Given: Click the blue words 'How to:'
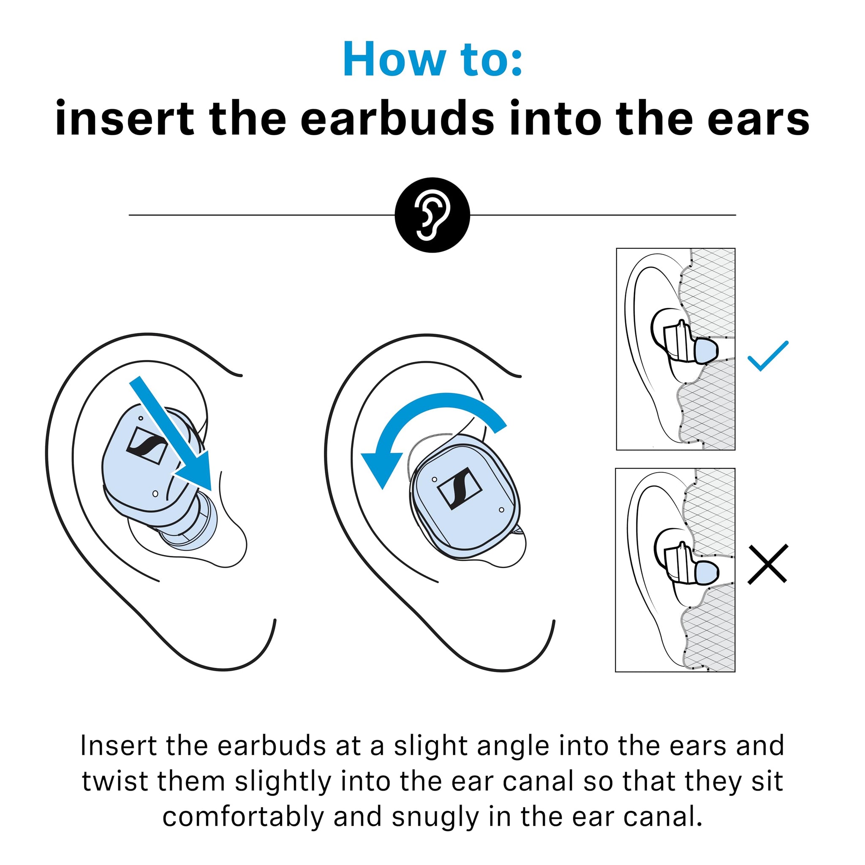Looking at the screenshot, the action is pos(432,60).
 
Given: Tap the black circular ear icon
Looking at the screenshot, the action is pos(432,215).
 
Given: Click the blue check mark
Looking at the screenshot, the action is pos(768,356).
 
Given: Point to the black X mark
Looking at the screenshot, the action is pos(768,564).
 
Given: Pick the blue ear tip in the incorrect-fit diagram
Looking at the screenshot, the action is pos(707,572).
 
